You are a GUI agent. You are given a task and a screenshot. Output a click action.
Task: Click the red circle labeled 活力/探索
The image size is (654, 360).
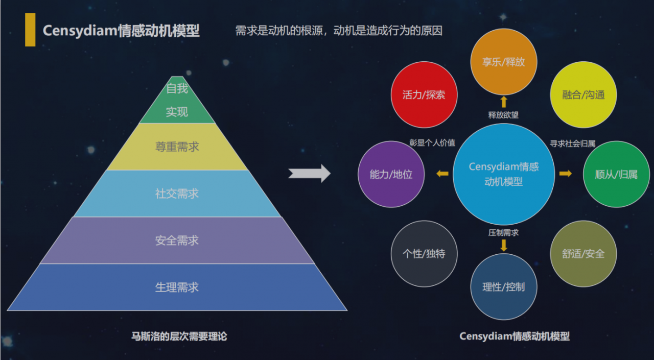(424, 95)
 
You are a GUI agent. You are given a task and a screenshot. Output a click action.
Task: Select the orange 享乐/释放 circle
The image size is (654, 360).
(503, 62)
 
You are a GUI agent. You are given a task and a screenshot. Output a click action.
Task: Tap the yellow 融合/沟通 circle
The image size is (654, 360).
(583, 95)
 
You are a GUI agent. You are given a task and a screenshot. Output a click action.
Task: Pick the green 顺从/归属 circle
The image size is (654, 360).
(616, 174)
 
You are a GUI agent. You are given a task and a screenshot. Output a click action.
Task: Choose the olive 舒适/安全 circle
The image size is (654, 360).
(583, 254)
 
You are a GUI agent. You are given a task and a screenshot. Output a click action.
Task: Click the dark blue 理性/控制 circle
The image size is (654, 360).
(503, 286)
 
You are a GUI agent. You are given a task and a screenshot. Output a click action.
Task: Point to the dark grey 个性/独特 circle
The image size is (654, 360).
(424, 254)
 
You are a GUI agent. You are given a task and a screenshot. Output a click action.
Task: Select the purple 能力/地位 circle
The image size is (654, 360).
(391, 174)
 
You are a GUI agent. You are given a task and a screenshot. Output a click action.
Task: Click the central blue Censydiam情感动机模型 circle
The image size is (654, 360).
(503, 174)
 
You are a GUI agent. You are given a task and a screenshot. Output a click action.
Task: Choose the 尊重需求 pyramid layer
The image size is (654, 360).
(177, 147)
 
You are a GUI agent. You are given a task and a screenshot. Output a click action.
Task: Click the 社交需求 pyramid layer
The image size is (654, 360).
(177, 194)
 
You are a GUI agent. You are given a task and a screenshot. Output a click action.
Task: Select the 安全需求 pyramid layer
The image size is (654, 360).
(177, 240)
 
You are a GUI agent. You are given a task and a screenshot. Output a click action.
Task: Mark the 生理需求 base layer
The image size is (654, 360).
(177, 287)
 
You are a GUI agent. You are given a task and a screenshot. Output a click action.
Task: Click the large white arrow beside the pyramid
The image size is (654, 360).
(310, 174)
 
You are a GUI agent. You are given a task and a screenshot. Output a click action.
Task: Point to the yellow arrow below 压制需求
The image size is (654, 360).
(504, 245)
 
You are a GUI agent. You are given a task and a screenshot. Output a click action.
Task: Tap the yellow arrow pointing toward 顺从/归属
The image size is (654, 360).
(565, 174)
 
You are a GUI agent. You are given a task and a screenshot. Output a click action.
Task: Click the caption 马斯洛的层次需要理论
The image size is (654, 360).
(179, 337)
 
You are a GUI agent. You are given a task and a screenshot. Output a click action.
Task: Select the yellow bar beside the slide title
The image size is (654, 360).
(30, 30)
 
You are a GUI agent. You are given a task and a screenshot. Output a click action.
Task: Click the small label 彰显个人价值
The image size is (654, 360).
(432, 143)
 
